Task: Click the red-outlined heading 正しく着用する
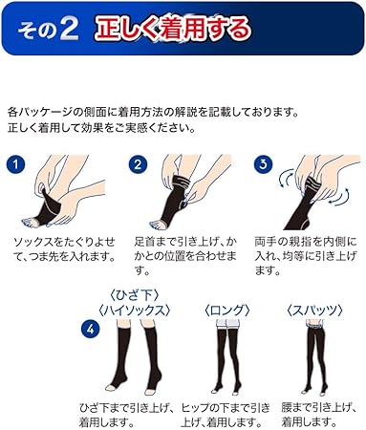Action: point(173,28)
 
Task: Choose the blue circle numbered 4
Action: point(91,331)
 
